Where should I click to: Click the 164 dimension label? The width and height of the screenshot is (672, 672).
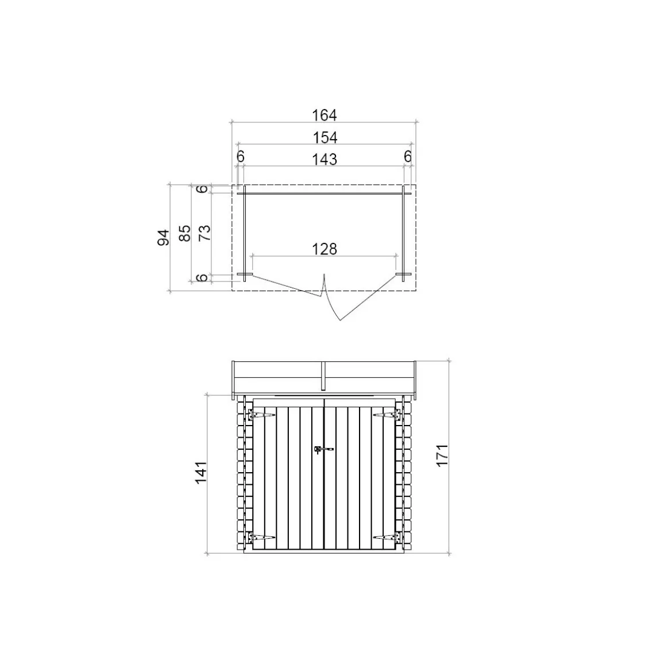pos(325,115)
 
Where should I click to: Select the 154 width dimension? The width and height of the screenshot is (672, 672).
pos(325,138)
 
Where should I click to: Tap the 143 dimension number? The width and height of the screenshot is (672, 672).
pos(325,160)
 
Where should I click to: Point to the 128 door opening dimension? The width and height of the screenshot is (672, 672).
pos(325,249)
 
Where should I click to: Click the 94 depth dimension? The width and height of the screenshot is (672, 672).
pos(164,237)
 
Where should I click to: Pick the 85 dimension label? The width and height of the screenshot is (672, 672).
pos(185,233)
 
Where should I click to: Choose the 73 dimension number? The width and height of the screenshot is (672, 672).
pos(205,233)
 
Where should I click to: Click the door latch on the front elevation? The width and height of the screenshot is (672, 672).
pos(323,449)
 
